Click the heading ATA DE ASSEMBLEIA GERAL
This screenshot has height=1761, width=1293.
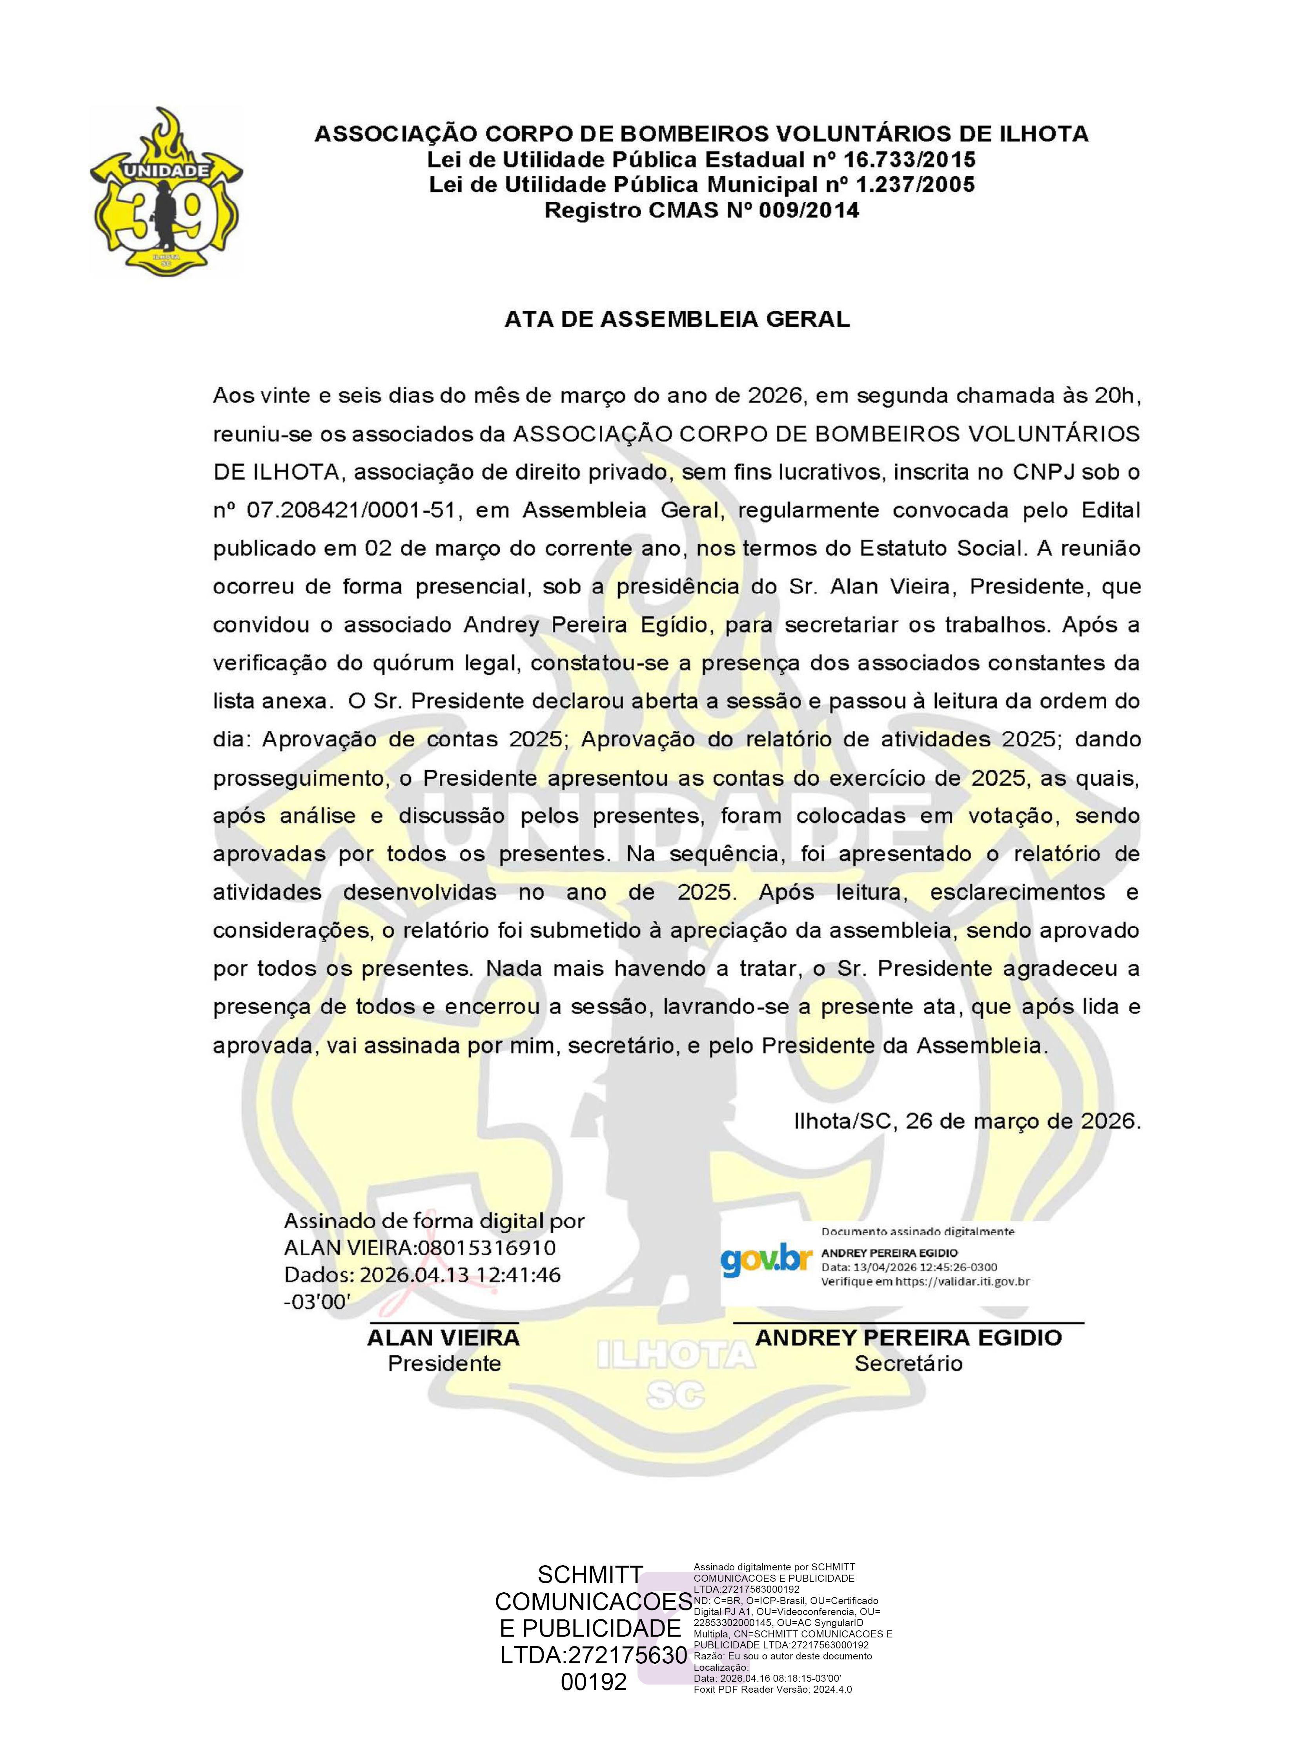point(677,319)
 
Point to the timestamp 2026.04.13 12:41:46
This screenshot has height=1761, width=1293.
point(459,1274)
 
